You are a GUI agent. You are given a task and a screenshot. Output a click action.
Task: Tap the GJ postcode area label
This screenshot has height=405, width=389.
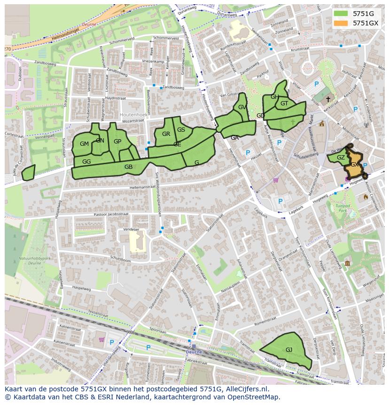click(x=289, y=349)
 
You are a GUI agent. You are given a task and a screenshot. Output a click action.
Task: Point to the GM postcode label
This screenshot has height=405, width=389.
click(x=85, y=144)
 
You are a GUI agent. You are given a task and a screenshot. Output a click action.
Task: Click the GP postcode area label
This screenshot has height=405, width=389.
click(x=117, y=142)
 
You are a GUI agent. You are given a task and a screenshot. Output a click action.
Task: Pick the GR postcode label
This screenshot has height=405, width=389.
click(x=166, y=134)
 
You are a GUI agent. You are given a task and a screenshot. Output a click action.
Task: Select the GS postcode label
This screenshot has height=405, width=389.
click(x=181, y=130)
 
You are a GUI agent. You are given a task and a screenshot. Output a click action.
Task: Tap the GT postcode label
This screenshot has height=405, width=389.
click(x=284, y=103)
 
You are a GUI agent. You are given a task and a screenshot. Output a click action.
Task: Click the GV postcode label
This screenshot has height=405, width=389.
click(x=242, y=107)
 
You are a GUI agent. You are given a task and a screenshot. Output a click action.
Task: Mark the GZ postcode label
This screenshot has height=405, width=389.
click(x=341, y=158)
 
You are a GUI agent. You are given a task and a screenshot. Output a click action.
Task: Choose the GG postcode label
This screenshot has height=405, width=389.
click(x=86, y=162)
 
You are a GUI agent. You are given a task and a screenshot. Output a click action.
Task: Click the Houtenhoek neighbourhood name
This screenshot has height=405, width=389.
click(x=134, y=114)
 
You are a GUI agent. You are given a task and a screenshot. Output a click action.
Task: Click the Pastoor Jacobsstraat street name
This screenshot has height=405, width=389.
click(x=111, y=214)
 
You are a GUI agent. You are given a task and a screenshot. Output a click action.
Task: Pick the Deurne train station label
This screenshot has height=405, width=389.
click(x=194, y=351)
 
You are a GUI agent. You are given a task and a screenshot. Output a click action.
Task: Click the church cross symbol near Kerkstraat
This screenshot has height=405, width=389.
click(x=328, y=99)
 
